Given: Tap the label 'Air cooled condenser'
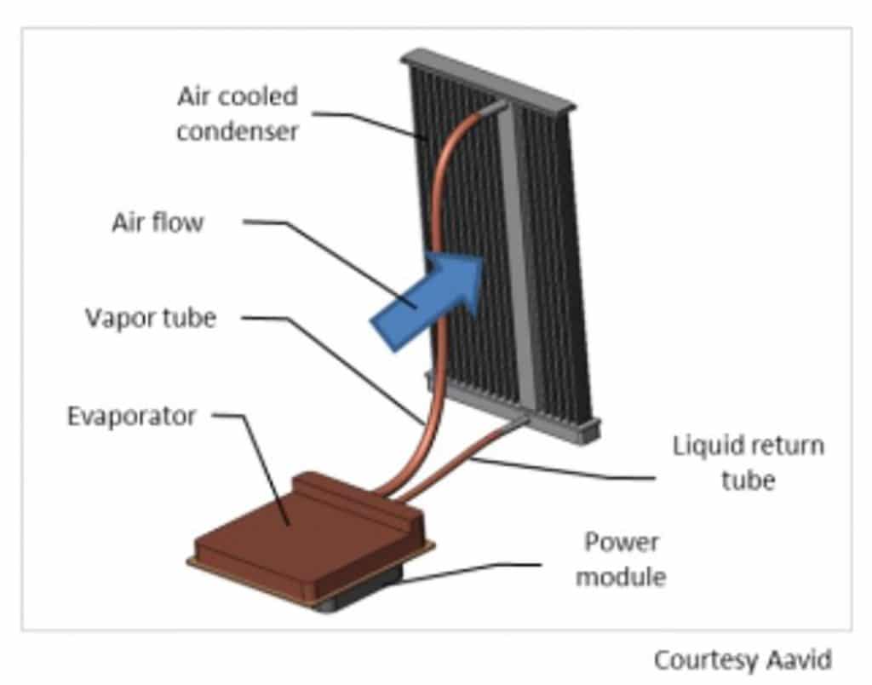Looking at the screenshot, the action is tap(238, 114).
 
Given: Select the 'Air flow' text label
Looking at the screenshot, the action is tap(158, 222).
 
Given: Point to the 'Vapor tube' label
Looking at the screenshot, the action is tap(151, 319).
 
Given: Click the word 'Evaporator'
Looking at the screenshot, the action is tap(132, 417).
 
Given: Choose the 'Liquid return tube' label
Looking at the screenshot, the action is tap(748, 463).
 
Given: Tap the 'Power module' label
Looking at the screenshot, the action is tap(621, 559).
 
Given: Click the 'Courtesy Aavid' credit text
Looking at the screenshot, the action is tap(743, 660).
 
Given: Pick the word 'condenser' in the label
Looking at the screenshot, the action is tap(238, 131).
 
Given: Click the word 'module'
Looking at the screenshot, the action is tap(621, 576).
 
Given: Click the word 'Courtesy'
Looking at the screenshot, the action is tap(706, 661).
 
